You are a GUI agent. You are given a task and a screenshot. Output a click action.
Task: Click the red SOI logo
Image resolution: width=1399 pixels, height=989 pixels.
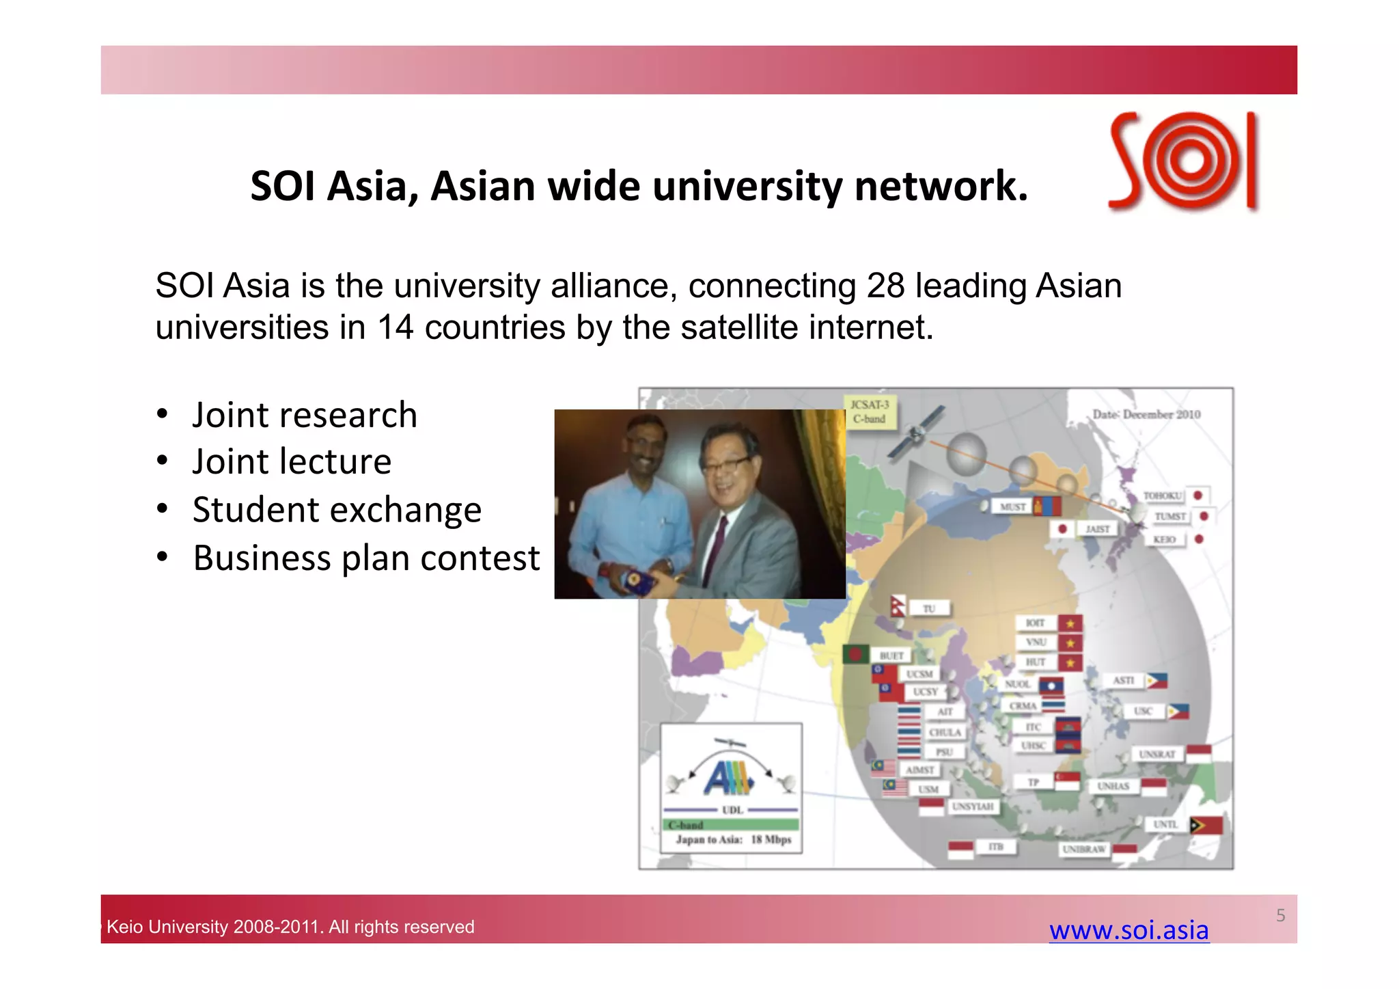(1184, 161)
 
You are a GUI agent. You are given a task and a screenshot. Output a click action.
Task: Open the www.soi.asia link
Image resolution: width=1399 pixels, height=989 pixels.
(1128, 930)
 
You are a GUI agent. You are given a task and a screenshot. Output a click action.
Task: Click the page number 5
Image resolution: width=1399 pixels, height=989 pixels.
(1280, 915)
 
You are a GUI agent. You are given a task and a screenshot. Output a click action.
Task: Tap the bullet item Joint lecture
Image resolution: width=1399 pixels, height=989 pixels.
(292, 461)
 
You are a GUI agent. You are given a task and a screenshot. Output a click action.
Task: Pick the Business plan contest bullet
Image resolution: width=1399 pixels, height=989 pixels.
(366, 558)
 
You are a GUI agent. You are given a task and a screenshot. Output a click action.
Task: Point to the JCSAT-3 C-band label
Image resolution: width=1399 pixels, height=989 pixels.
(869, 411)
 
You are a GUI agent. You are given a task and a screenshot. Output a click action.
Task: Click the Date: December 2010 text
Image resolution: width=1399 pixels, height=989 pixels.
(1146, 414)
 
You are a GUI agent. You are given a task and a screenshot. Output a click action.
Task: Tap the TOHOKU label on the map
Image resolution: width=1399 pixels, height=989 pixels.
(1162, 496)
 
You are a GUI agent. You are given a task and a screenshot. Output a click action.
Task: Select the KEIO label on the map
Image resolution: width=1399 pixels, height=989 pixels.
(1165, 539)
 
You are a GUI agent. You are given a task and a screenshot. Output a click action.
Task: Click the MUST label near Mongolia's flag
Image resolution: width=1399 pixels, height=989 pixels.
(1012, 506)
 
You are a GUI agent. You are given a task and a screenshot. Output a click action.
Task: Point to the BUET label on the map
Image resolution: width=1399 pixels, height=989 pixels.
(891, 655)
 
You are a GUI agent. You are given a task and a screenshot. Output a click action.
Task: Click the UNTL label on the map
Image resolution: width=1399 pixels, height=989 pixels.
(1165, 824)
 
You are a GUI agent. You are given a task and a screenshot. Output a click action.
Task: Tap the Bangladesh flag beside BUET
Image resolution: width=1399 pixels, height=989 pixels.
(856, 654)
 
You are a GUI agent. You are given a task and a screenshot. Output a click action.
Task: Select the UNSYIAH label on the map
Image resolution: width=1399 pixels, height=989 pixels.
(973, 807)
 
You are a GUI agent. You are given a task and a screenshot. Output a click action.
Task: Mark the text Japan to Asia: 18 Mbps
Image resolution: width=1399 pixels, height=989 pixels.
(733, 839)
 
